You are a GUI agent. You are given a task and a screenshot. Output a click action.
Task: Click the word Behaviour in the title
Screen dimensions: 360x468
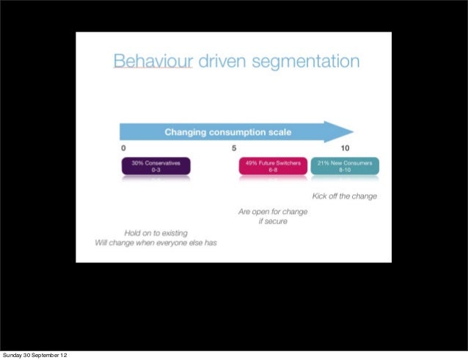pyautogui.click(x=153, y=62)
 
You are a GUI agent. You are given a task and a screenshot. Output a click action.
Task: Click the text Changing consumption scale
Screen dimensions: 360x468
pyautogui.click(x=227, y=133)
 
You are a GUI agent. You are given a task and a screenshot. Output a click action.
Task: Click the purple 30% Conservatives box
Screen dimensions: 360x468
pyautogui.click(x=156, y=166)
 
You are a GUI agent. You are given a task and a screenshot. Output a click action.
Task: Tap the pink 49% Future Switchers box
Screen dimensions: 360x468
pyautogui.click(x=272, y=166)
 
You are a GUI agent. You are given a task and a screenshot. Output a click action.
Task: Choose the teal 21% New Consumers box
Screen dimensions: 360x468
pyautogui.click(x=345, y=166)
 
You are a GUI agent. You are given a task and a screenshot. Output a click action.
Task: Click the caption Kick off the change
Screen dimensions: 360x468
pyautogui.click(x=344, y=196)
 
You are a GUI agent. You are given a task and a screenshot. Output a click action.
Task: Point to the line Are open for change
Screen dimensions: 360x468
pyautogui.click(x=272, y=212)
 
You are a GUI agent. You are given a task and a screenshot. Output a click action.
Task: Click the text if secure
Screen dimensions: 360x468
pyautogui.click(x=272, y=221)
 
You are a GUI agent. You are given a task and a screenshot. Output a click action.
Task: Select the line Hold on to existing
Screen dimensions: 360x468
pyautogui.click(x=156, y=232)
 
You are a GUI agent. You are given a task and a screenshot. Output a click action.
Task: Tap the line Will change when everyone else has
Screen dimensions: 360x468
pyautogui.click(x=156, y=243)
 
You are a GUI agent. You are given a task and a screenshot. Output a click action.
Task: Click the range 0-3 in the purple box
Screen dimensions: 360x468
pyautogui.click(x=156, y=169)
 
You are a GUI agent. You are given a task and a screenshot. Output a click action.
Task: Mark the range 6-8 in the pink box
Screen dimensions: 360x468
pyautogui.click(x=272, y=169)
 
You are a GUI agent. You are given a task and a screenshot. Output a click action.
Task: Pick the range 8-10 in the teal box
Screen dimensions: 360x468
pyautogui.click(x=345, y=169)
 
